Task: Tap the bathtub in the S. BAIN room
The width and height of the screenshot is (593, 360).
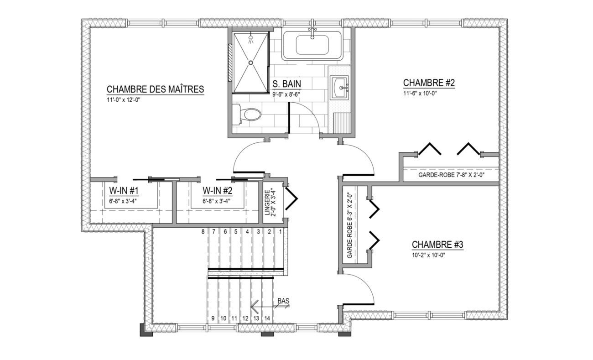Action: coord(312,46)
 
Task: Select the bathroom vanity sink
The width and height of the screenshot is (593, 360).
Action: coord(339,88)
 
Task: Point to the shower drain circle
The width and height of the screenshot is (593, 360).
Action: coord(250,63)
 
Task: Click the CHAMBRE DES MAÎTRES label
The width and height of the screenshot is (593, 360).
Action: coord(156,89)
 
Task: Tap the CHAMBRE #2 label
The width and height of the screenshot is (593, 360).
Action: coord(429,83)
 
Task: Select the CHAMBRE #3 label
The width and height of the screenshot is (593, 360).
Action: coord(437,245)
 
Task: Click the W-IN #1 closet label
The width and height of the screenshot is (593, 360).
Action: coord(124,191)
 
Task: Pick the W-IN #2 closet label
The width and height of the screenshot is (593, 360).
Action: coord(218,191)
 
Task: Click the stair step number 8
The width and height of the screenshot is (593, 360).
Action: coord(203,232)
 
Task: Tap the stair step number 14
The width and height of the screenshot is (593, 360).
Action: coord(267,318)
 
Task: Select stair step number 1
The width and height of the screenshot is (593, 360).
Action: coord(281,232)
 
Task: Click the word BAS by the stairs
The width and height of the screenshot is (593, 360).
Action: coord(284,301)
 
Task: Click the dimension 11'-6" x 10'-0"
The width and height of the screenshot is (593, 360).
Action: coord(420,94)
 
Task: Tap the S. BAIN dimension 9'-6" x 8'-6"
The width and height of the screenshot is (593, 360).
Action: coord(286,94)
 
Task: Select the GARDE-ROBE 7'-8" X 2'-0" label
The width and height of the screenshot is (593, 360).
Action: coord(452,175)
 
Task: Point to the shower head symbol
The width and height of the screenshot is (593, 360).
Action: coord(251,40)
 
